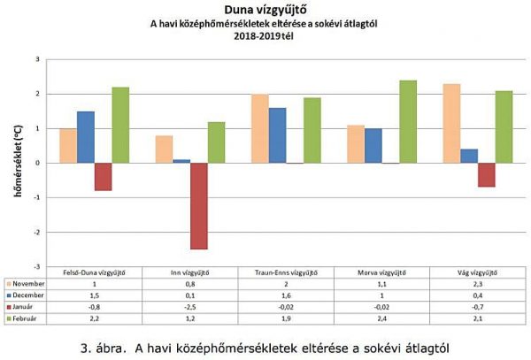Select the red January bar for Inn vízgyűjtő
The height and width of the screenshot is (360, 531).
pos(198,205)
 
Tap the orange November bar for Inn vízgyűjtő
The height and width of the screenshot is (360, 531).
pos(165,149)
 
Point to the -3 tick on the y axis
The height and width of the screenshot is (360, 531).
pos(37,266)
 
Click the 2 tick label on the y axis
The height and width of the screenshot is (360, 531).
pos(37,94)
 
